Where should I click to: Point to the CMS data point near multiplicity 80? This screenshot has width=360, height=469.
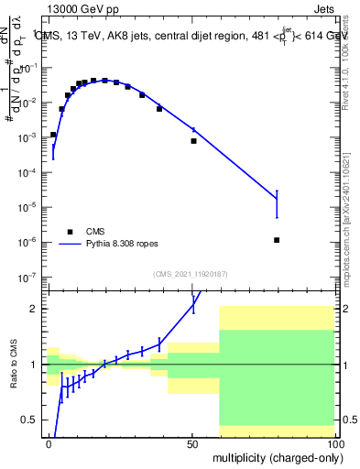[277, 240]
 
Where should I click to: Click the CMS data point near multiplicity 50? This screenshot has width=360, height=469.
[193, 141]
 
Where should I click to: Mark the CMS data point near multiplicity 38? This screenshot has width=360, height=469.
[159, 109]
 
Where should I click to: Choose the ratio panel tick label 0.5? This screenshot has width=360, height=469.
[29, 420]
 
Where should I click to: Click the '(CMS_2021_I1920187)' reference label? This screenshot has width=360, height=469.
[191, 274]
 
